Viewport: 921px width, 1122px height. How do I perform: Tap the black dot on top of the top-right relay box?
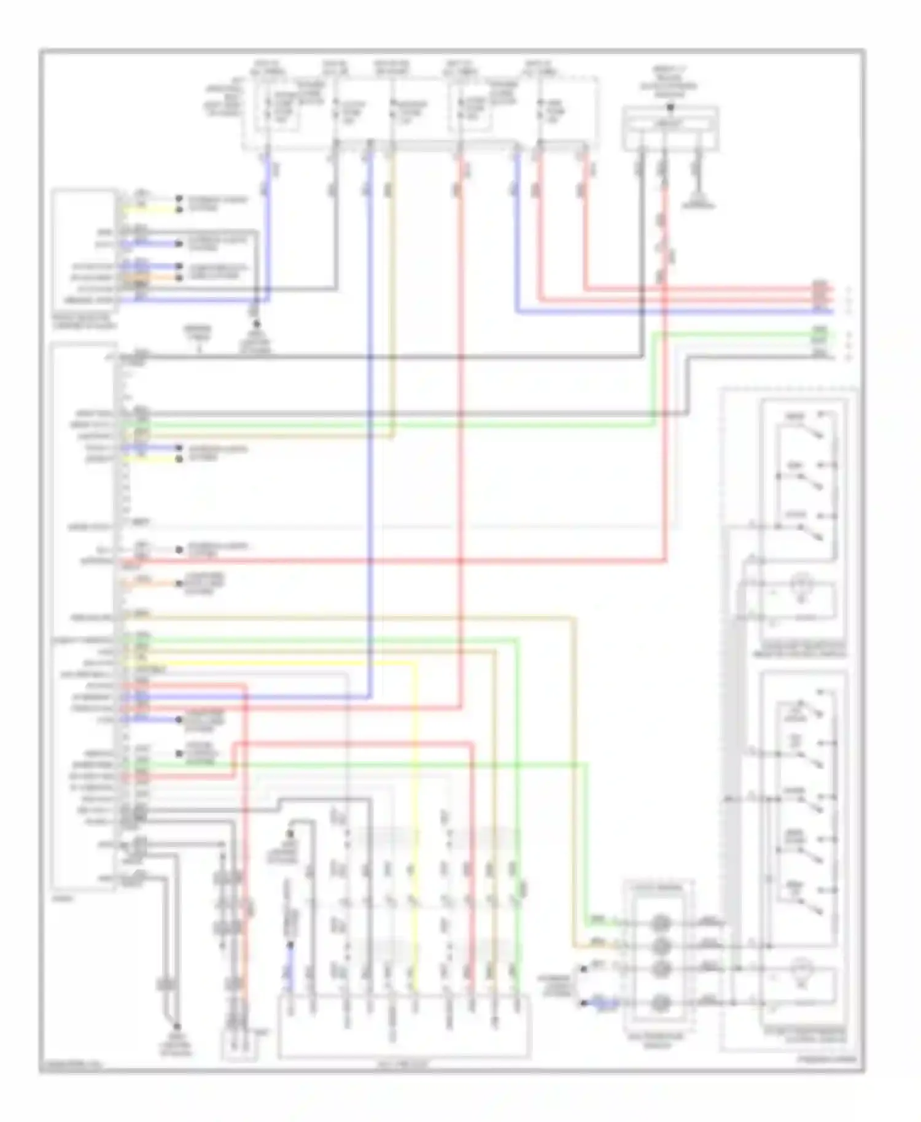[670, 107]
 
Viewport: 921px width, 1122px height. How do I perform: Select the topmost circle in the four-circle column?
[660, 922]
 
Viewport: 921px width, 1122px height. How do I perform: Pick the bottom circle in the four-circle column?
[660, 1004]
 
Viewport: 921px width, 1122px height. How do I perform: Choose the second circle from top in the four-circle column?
[660, 945]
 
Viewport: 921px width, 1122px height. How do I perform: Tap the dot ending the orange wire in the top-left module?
[179, 278]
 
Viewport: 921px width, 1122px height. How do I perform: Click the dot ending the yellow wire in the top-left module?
[179, 210]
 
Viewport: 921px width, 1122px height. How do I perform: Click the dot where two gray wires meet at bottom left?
[177, 1026]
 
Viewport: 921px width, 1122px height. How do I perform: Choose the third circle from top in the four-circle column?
[660, 969]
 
